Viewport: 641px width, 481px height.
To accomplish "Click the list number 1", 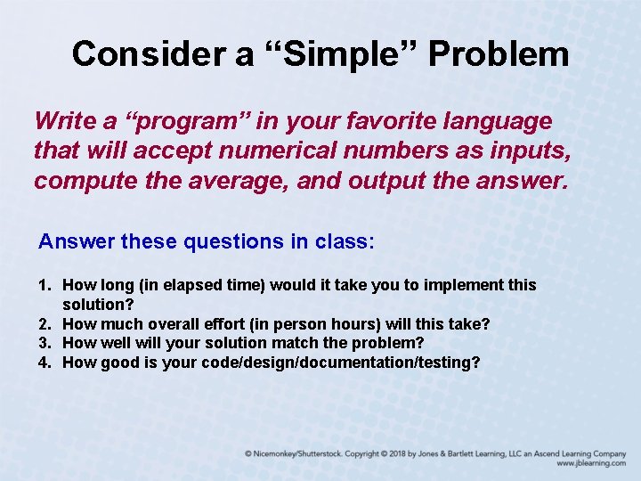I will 45,285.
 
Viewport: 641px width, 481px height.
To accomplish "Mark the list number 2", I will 45,323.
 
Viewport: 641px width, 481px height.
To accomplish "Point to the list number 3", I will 45,343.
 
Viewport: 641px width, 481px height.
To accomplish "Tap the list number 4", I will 45,363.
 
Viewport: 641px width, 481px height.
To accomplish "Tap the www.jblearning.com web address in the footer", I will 591,463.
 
